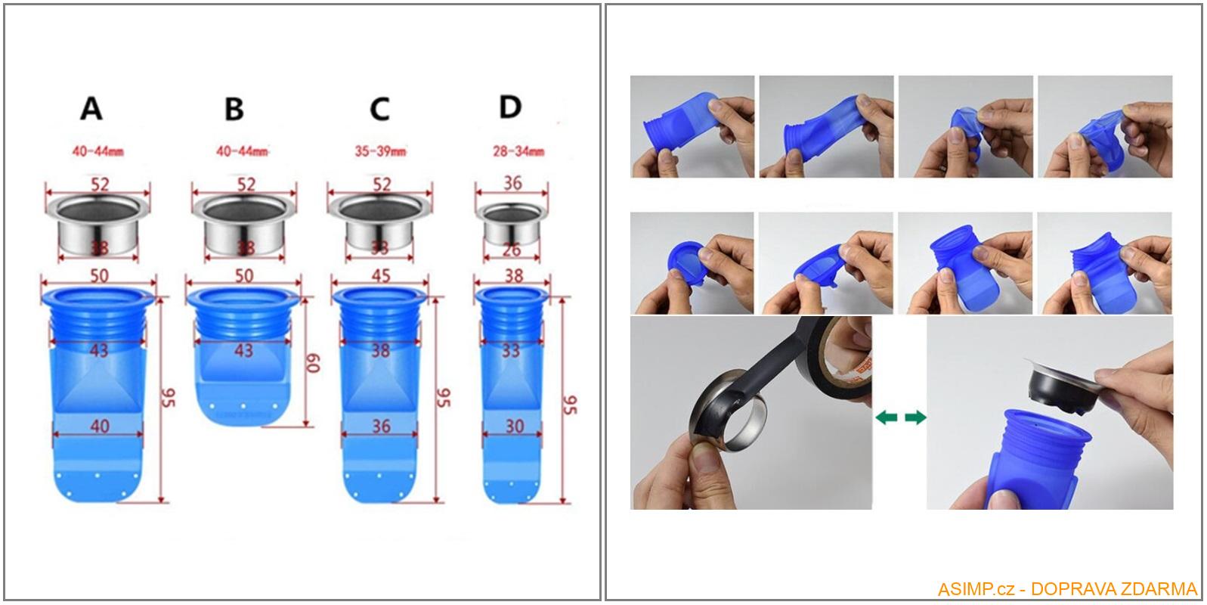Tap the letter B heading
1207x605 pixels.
[x=234, y=109]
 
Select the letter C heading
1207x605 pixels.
[x=379, y=109]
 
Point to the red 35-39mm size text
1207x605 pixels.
[x=379, y=151]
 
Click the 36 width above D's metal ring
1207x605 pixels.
[x=512, y=184]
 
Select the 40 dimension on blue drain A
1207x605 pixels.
[x=99, y=426]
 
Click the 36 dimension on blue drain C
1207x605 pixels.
[x=381, y=426]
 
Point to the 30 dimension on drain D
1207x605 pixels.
[x=514, y=426]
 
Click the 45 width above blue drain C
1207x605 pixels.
[x=381, y=275]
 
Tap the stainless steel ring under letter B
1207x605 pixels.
[x=243, y=225]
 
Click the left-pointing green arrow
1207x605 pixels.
[x=887, y=417]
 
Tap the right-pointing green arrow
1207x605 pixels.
[x=915, y=417]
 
